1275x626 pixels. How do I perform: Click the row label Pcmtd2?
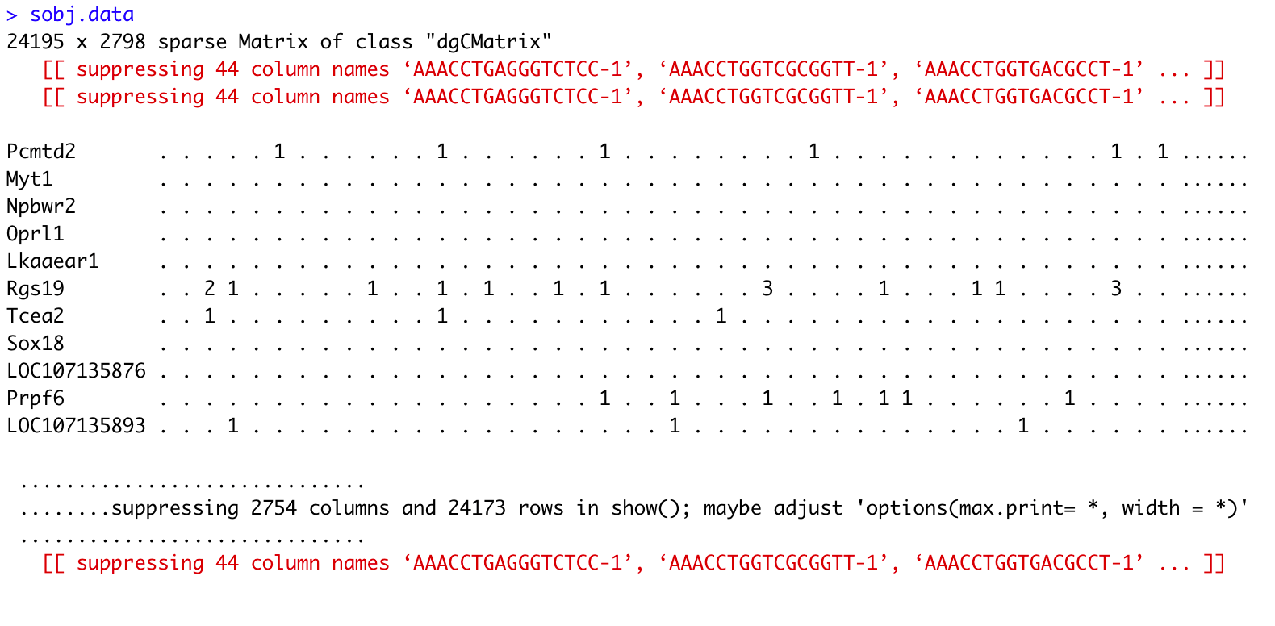pos(41,152)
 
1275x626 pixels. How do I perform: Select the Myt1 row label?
pos(29,179)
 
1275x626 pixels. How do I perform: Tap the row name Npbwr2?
pos(41,207)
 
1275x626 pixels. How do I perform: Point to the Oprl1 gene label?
pos(35,234)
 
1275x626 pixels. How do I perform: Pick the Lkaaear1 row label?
pos(52,261)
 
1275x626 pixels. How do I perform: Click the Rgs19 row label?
pos(35,289)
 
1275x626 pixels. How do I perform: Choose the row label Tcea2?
pos(35,316)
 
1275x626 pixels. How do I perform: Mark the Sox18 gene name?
pos(35,344)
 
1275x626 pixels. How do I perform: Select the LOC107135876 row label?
pos(76,371)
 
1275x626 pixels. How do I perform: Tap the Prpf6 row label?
pos(35,399)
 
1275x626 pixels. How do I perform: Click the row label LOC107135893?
pos(76,426)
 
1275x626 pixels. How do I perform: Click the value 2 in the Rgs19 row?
pos(210,289)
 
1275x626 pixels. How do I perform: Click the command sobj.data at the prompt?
pos(82,15)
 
